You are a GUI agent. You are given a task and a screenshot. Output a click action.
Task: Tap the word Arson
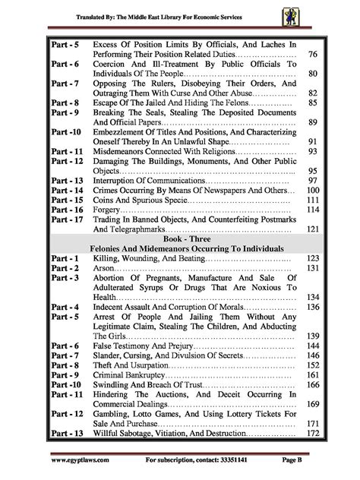[104, 268]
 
